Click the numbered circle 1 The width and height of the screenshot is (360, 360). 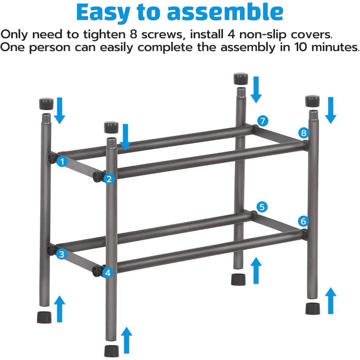point(62,162)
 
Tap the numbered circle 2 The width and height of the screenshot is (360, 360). point(109,179)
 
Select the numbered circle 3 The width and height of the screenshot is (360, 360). point(61,254)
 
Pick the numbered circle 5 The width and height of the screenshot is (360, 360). point(262,207)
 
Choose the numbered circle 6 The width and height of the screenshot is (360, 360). point(303,220)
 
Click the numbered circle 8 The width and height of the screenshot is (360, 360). point(303,133)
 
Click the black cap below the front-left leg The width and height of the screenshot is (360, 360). point(112,351)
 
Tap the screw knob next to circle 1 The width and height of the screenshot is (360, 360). point(52,158)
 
